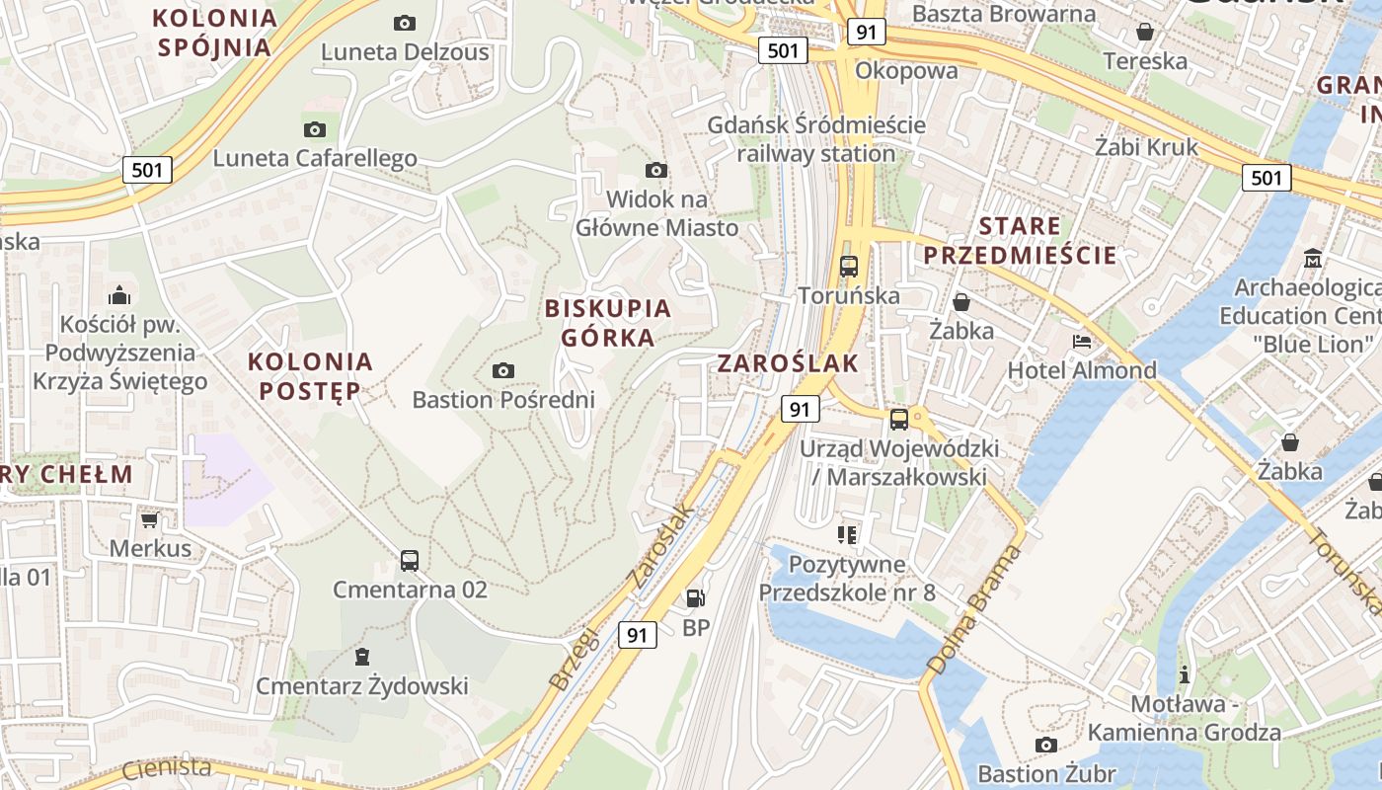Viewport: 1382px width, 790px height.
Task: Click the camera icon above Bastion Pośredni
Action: (x=503, y=371)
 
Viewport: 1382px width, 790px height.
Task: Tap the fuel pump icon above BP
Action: (x=696, y=597)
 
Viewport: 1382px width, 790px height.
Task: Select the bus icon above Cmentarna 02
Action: (x=410, y=561)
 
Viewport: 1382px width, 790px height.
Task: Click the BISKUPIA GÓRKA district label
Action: (x=608, y=323)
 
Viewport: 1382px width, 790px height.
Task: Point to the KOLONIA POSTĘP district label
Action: (x=311, y=376)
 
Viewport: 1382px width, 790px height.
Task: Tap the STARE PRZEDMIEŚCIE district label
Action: (x=1020, y=241)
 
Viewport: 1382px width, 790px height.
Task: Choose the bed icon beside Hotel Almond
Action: (x=1082, y=342)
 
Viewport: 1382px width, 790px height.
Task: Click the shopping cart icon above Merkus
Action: (x=149, y=519)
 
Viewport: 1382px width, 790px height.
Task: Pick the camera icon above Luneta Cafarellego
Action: (x=315, y=129)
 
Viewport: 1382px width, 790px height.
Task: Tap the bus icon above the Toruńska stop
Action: (x=849, y=266)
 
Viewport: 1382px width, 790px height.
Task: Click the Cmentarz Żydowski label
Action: (x=362, y=685)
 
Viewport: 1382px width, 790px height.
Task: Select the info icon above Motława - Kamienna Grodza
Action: (x=1185, y=675)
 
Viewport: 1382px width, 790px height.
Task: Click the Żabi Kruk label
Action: (x=1146, y=147)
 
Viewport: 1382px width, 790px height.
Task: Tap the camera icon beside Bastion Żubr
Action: (x=1046, y=745)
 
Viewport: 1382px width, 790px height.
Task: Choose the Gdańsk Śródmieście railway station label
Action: (x=817, y=139)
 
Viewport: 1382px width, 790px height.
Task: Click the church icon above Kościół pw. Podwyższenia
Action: (x=119, y=294)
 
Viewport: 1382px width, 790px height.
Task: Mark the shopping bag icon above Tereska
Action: (x=1145, y=33)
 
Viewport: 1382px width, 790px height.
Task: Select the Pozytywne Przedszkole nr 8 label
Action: (x=847, y=579)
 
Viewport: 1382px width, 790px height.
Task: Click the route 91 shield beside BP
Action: (x=638, y=635)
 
